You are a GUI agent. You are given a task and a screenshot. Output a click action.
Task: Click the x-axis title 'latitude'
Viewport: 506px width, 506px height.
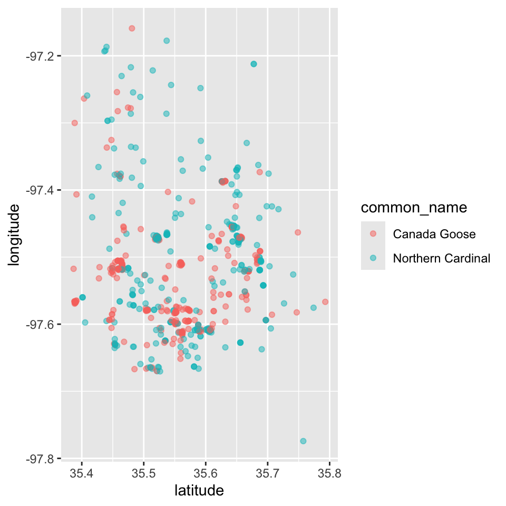click(199, 491)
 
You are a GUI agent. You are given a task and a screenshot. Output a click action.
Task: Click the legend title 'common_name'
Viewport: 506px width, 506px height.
click(414, 208)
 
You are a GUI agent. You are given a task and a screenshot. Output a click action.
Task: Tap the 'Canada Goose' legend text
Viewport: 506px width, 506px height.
click(434, 234)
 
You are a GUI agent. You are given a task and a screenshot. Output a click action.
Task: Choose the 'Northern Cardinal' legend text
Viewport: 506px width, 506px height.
click(442, 258)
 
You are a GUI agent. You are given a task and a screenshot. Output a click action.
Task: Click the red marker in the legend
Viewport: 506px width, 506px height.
click(373, 234)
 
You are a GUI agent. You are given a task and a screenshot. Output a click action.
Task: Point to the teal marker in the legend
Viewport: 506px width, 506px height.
click(373, 258)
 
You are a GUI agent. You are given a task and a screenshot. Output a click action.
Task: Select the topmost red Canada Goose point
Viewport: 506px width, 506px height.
click(132, 28)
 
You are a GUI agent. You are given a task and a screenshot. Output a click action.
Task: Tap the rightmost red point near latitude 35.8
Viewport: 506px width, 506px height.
click(325, 302)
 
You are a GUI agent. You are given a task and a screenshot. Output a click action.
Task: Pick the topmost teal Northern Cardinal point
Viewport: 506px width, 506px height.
click(167, 41)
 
